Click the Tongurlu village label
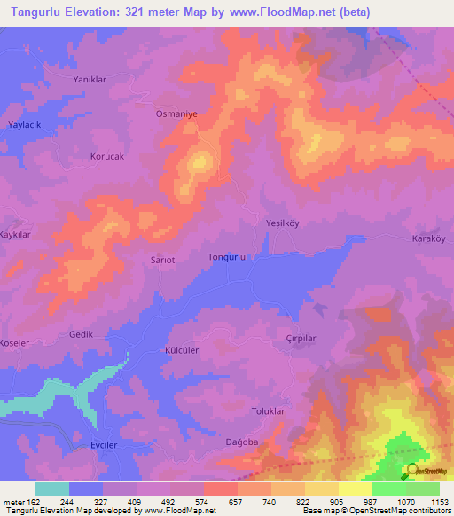pos(225,257)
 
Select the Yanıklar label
pos(89,79)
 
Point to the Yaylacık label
pos(27,126)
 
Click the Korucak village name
pos(109,156)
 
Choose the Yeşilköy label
pos(284,224)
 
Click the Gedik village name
pos(82,335)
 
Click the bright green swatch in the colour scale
pos(389,489)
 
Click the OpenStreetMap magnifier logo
pos(412,470)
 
